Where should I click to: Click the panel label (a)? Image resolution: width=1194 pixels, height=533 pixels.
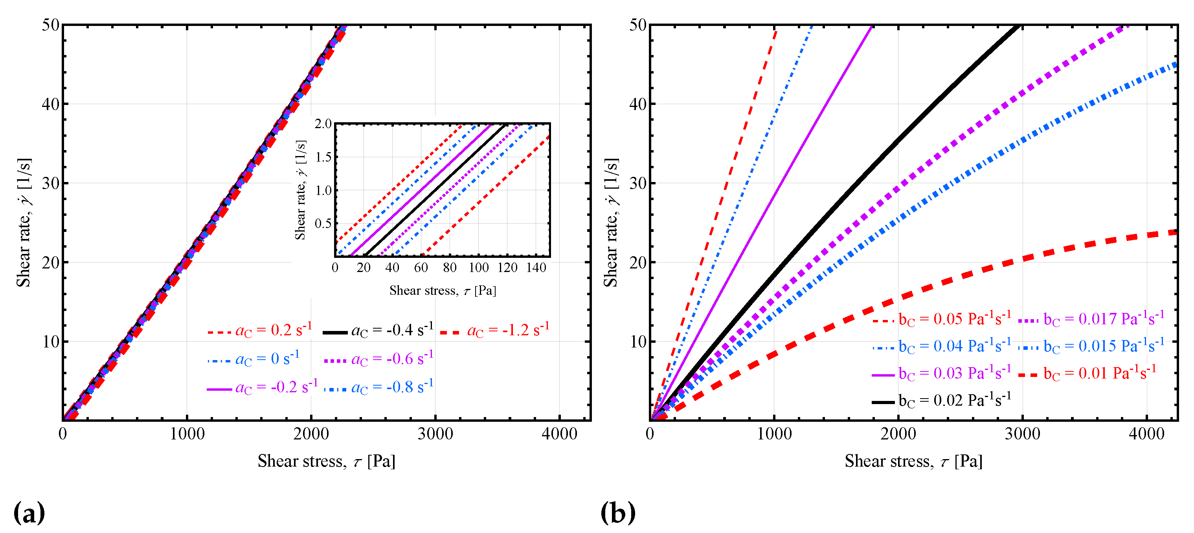(x=29, y=513)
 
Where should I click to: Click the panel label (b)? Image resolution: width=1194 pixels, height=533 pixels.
(x=617, y=513)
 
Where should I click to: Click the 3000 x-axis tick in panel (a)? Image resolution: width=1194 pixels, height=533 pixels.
(x=435, y=434)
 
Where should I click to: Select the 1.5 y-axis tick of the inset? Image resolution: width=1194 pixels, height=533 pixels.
(x=323, y=157)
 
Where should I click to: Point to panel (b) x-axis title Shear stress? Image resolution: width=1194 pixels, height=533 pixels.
(x=913, y=461)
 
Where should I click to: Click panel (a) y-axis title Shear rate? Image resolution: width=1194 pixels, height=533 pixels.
(x=24, y=222)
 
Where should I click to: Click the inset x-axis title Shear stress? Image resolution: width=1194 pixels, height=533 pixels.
(x=443, y=290)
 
